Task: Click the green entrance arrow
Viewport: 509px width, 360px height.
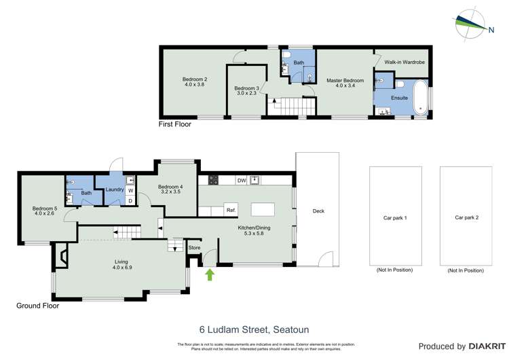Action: click(x=209, y=274)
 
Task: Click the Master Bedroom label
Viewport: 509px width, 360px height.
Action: click(x=345, y=81)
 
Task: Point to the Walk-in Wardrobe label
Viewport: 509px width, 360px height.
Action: click(x=404, y=62)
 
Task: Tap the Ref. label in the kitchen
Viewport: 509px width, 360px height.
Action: click(x=231, y=210)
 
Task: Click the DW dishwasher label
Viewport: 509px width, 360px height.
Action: click(x=241, y=180)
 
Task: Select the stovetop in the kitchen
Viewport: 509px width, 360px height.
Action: click(x=212, y=180)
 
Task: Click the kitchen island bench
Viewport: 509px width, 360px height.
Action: click(x=261, y=209)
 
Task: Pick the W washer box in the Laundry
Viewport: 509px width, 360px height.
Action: click(x=130, y=190)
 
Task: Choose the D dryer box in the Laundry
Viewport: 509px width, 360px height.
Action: click(x=130, y=200)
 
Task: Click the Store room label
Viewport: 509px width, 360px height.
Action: click(x=194, y=248)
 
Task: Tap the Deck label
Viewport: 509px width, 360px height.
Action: click(x=318, y=211)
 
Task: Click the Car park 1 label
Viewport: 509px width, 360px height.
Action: click(x=394, y=218)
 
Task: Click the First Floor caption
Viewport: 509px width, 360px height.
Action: click(x=174, y=124)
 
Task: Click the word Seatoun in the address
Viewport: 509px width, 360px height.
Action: click(x=292, y=330)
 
